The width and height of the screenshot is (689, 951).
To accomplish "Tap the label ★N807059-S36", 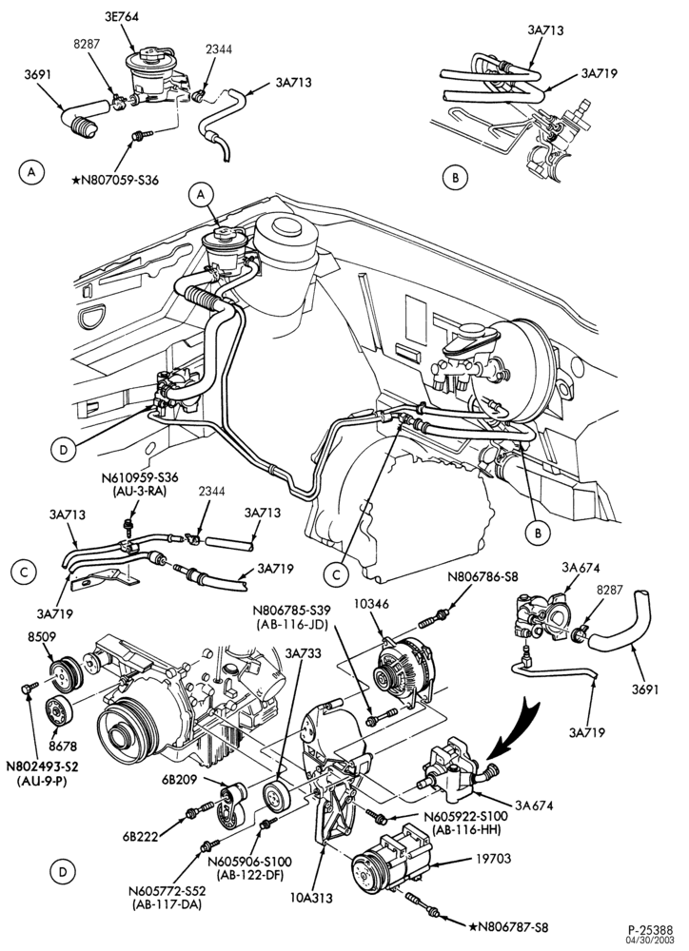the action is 114,180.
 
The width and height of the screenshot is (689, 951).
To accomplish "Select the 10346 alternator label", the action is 374,604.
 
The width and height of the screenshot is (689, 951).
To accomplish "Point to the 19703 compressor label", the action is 494,858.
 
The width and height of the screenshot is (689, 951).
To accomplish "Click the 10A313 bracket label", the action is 312,898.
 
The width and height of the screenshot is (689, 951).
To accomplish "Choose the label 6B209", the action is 179,780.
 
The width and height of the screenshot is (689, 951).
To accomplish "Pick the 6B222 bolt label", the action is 140,837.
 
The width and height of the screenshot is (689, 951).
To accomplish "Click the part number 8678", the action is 65,747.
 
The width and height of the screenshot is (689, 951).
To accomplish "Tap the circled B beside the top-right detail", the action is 455,177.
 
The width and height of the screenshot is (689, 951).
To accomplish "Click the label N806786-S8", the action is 483,577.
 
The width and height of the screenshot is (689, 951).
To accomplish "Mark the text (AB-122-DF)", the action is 249,874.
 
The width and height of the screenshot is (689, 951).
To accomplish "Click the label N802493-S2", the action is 43,767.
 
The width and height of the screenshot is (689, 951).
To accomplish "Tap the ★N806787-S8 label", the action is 509,926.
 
